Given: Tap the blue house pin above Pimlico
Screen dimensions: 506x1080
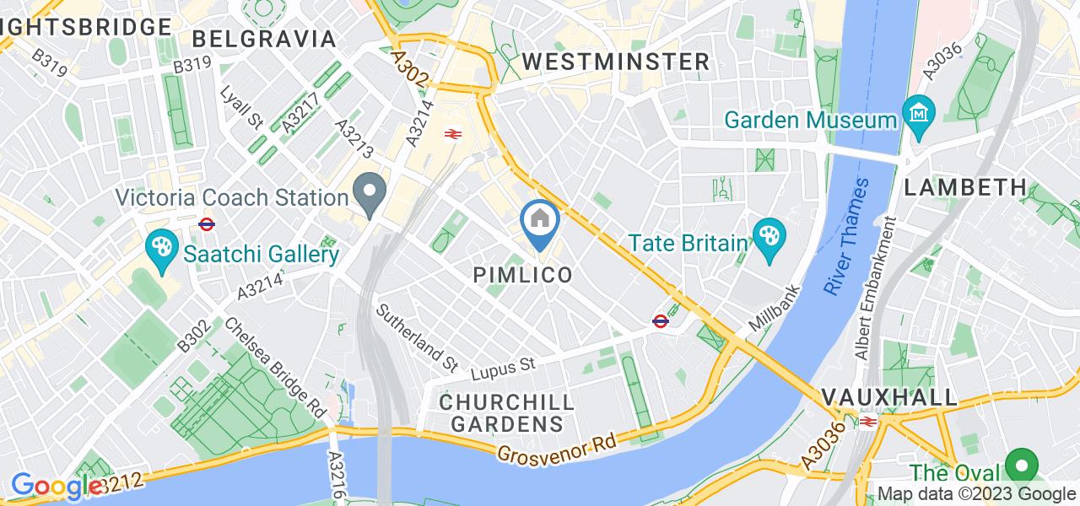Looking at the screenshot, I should tap(540, 222).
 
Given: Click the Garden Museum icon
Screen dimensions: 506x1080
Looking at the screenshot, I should tap(915, 110).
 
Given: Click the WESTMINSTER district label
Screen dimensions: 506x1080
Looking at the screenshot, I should tap(616, 62).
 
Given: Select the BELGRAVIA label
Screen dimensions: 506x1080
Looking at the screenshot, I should tap(264, 39).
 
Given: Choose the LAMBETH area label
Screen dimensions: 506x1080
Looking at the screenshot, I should tap(965, 188).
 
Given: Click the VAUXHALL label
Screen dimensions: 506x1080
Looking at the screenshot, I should tap(889, 397).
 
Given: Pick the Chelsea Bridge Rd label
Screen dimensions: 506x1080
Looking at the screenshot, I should tap(277, 368).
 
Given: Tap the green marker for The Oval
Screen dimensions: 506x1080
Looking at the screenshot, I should tap(1022, 464).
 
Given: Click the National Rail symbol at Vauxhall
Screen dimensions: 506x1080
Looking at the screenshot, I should tap(866, 421).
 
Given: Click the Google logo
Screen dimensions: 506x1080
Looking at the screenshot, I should tap(57, 487).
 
